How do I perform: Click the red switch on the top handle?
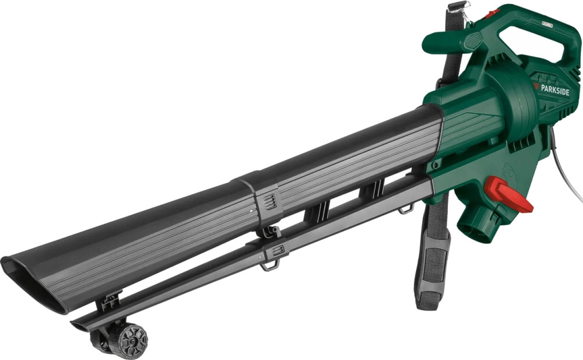point(494,13)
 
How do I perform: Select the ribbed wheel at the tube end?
point(133,341)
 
